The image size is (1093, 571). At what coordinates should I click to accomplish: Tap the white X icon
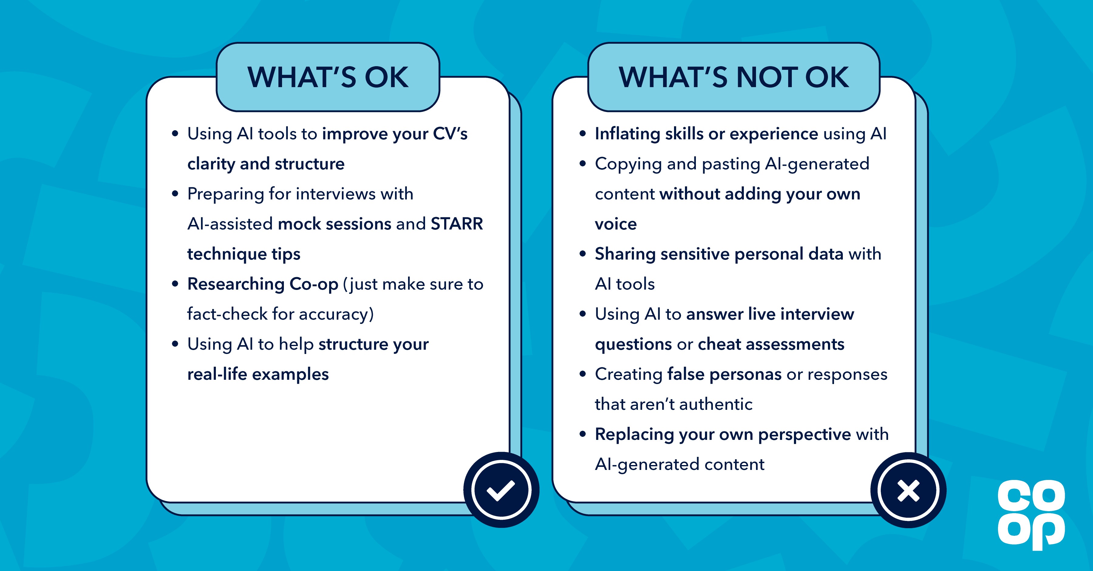(908, 491)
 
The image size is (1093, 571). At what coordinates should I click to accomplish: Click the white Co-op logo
(1031, 514)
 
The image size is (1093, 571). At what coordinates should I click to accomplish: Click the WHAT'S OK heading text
(328, 78)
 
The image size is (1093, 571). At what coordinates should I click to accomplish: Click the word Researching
(236, 284)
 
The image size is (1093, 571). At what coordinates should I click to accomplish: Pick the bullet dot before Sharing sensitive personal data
(583, 254)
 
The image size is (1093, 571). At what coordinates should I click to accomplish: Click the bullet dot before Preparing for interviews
(175, 194)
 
